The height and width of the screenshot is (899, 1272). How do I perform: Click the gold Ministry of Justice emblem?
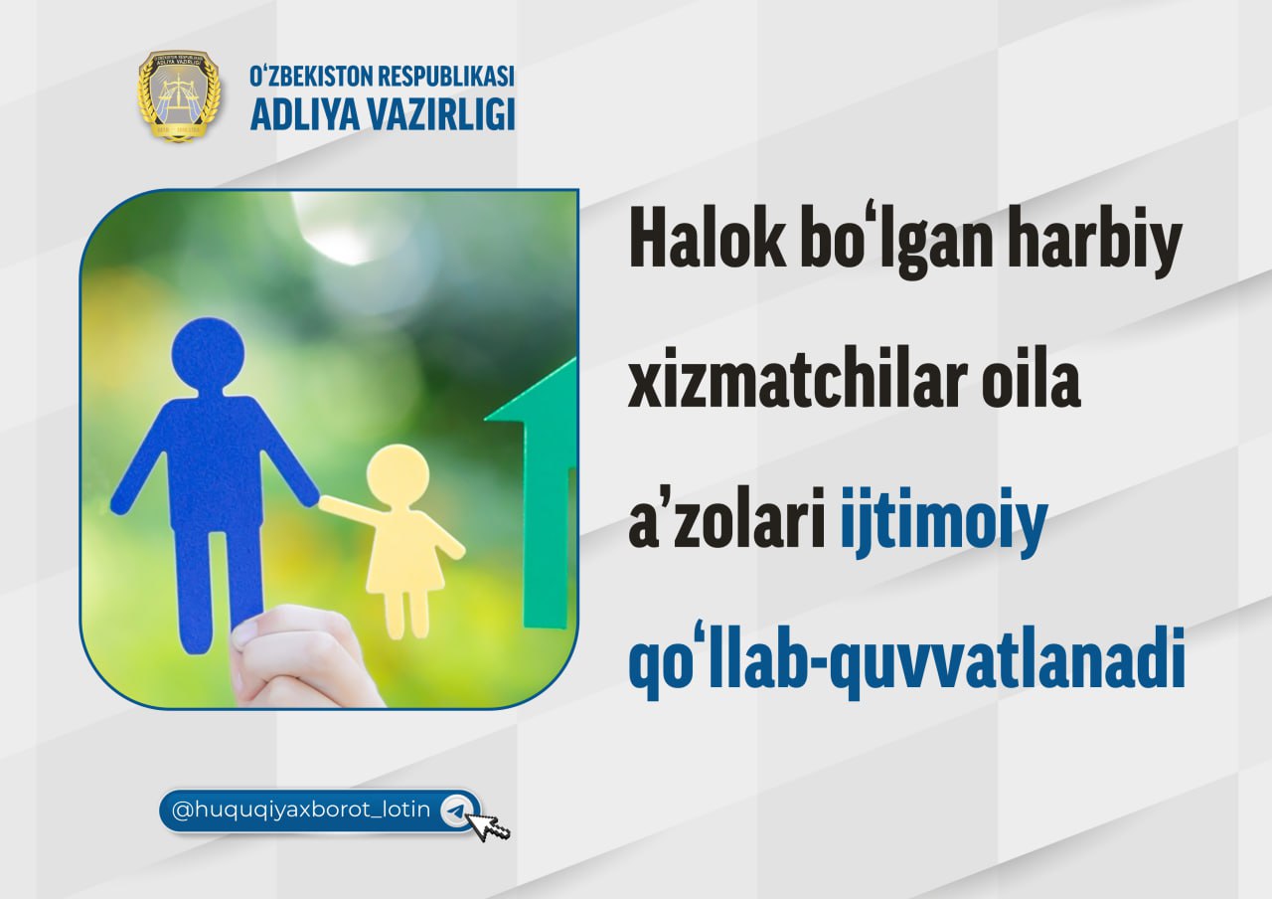pos(179,95)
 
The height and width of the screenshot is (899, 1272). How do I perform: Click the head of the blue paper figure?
pos(208,353)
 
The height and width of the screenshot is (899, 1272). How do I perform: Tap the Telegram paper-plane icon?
pos(455,810)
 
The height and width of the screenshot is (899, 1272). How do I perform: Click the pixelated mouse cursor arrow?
pos(486,825)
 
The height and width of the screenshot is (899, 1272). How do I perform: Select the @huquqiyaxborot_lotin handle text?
pos(301,810)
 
